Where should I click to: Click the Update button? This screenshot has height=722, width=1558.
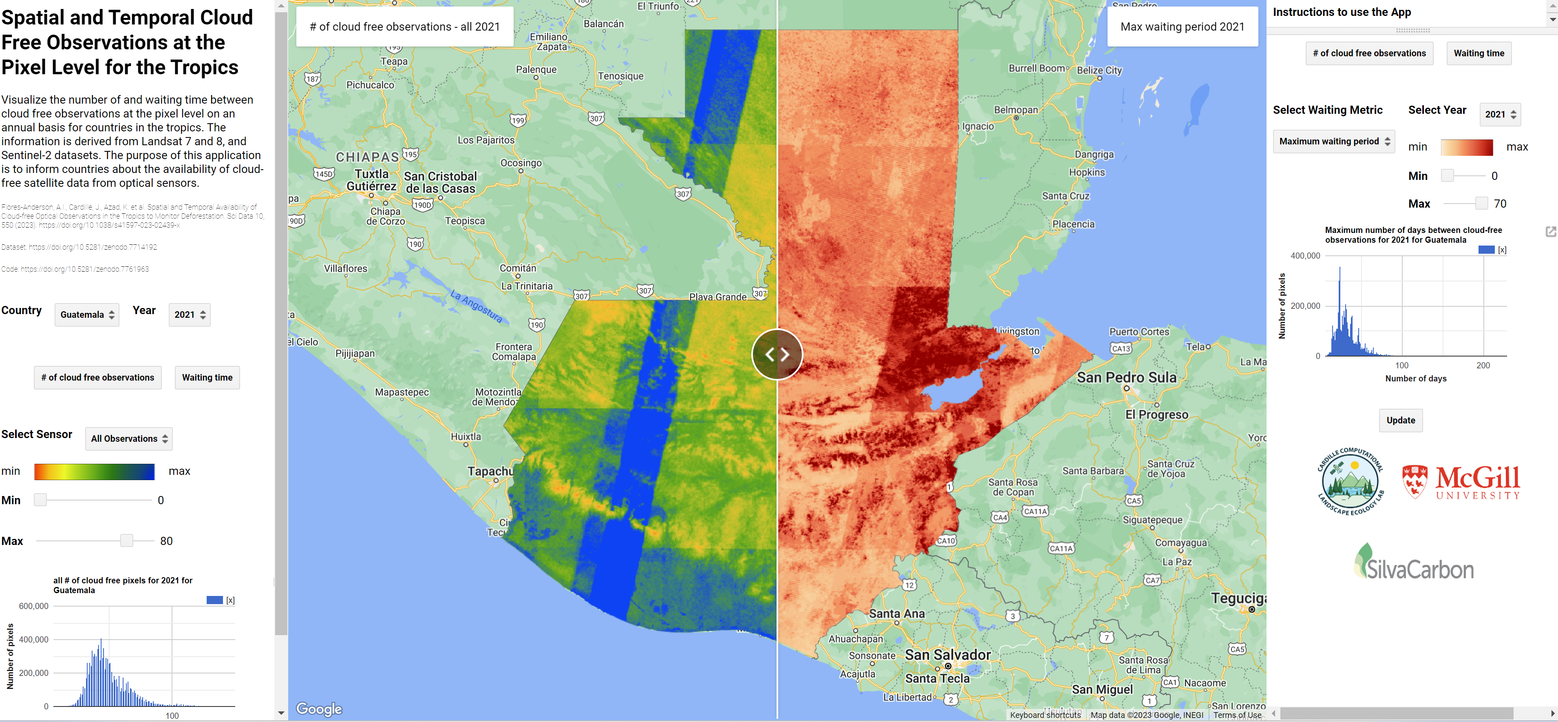1400,421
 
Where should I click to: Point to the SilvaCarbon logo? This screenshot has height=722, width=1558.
1413,563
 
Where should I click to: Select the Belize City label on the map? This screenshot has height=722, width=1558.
1099,70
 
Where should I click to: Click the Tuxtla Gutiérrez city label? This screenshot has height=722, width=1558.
371,180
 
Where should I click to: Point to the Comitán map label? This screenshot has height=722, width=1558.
518,268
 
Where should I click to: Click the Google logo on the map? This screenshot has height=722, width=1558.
319,709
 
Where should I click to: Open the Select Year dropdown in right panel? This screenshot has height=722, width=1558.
1500,114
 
